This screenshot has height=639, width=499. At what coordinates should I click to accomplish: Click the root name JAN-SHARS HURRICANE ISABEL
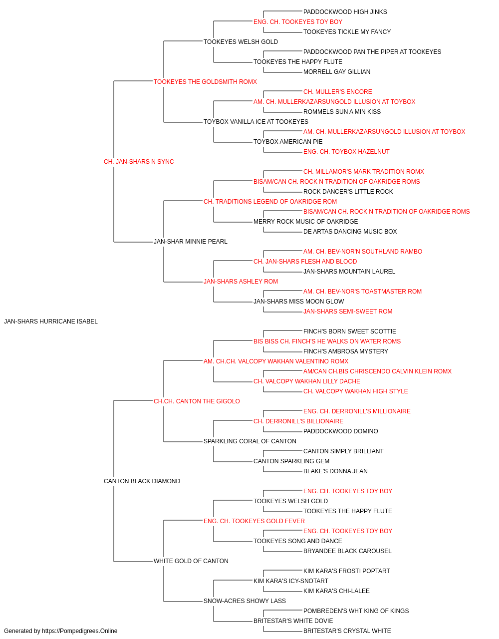[51, 321]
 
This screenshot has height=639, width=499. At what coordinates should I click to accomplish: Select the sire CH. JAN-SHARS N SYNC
[139, 162]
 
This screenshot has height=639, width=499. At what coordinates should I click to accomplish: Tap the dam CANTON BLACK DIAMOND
[142, 481]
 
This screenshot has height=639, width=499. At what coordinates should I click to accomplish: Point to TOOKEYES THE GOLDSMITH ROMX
[205, 82]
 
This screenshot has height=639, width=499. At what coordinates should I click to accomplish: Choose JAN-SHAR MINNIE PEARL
[191, 242]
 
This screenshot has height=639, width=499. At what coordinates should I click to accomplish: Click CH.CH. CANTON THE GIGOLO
[197, 401]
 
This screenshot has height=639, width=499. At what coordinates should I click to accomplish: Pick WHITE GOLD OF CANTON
[191, 561]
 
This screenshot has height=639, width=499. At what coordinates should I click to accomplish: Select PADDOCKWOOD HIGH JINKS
[345, 12]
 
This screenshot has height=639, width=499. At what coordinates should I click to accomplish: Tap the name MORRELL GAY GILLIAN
[337, 72]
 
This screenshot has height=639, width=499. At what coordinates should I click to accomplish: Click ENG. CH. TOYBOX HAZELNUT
[346, 152]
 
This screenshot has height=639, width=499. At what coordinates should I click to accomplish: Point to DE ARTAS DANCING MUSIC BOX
[350, 232]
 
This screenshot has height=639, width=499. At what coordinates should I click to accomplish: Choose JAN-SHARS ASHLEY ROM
[241, 282]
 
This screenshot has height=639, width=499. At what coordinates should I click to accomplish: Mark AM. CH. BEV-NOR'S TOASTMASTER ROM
[362, 292]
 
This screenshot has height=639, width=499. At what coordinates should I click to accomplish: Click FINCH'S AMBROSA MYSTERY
[346, 351]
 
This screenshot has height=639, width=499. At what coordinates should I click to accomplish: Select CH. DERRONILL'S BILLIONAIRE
[298, 421]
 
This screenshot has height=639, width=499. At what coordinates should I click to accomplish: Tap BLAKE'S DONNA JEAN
[335, 471]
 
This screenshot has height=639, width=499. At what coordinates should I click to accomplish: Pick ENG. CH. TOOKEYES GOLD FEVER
[254, 521]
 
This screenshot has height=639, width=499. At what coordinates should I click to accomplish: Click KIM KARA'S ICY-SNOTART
[291, 581]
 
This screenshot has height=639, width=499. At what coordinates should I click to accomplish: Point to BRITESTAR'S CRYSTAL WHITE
[347, 631]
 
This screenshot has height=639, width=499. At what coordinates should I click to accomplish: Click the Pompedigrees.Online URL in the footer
[80, 631]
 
